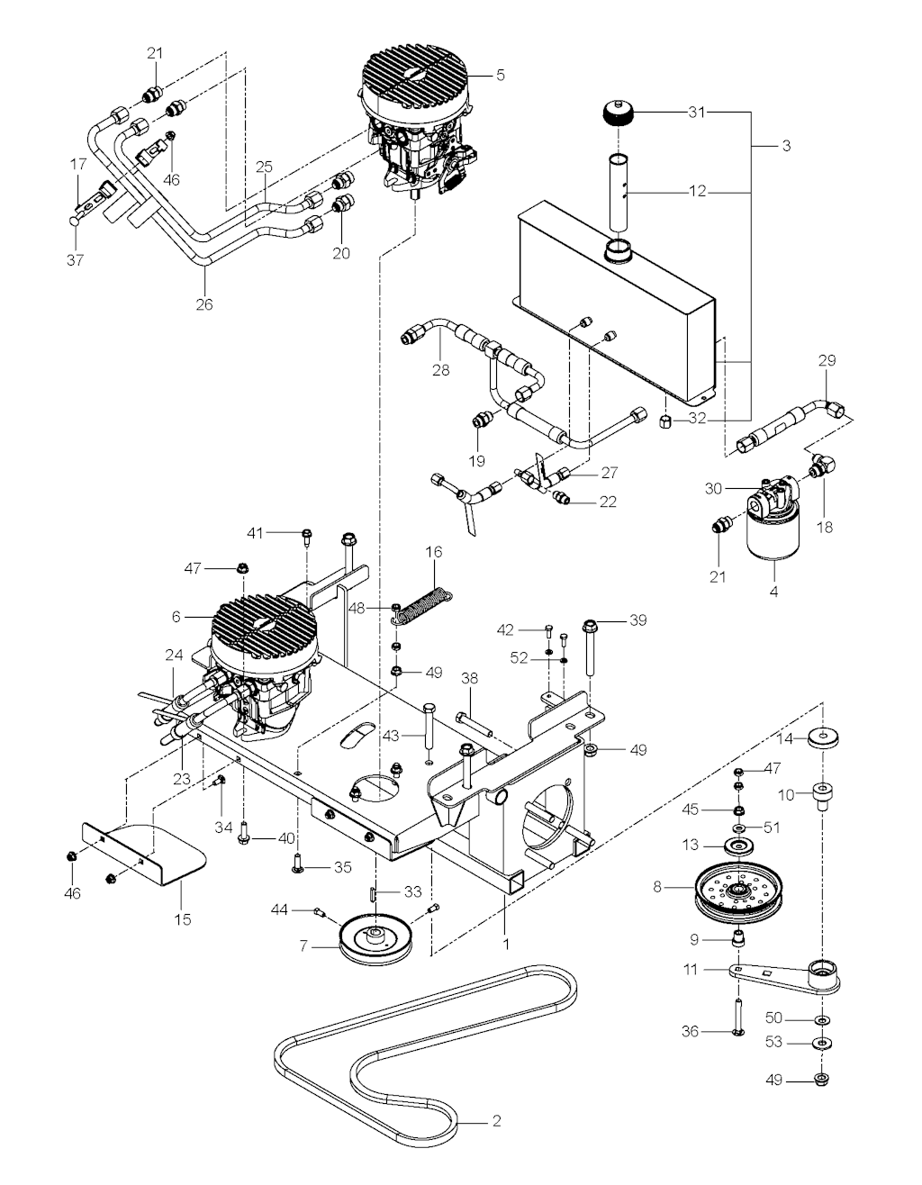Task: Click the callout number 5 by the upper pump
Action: (x=500, y=76)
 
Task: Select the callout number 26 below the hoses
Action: (x=204, y=303)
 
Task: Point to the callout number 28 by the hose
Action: (x=439, y=369)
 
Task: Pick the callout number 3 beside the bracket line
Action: (x=786, y=146)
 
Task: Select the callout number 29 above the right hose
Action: (x=826, y=360)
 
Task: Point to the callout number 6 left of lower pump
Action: (x=176, y=617)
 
